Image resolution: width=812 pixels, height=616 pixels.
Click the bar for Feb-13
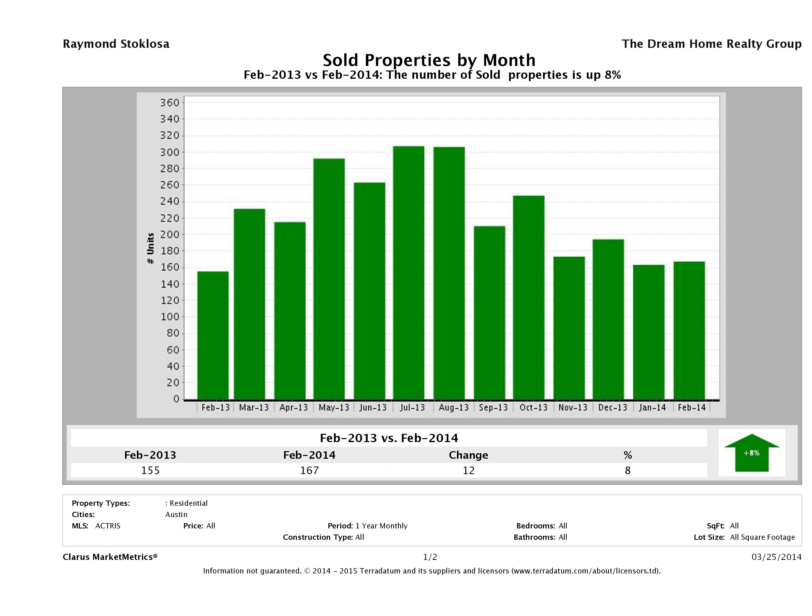213,335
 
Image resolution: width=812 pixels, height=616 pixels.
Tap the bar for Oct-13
529,297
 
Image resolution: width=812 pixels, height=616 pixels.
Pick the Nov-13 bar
569,328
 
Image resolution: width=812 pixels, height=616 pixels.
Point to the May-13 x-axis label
334,407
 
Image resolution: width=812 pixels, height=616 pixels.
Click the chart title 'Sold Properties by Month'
429,60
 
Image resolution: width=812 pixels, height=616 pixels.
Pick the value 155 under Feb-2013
150,470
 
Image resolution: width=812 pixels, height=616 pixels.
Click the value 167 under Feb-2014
310,470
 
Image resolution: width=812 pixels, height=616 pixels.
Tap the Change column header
469,455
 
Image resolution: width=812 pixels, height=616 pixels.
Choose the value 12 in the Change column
469,470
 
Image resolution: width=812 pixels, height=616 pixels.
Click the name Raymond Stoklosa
116,44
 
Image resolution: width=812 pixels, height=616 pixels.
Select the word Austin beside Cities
176,514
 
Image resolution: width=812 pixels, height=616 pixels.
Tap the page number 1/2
430,557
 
